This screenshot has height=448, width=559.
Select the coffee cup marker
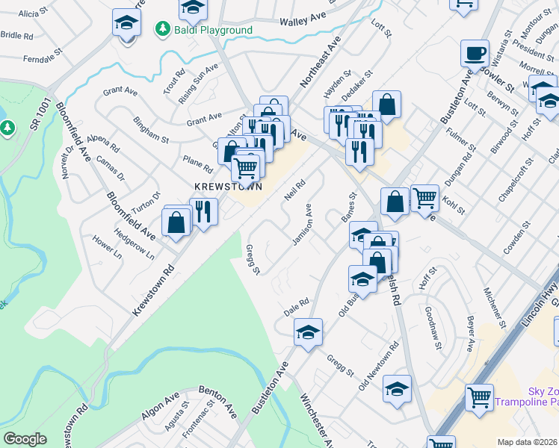(475, 54)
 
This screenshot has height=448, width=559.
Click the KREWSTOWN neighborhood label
(228, 187)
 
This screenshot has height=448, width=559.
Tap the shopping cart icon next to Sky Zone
(479, 397)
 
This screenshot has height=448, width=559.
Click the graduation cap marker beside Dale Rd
(307, 332)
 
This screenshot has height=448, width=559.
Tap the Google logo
(25, 439)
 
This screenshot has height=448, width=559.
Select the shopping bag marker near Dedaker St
(387, 105)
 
